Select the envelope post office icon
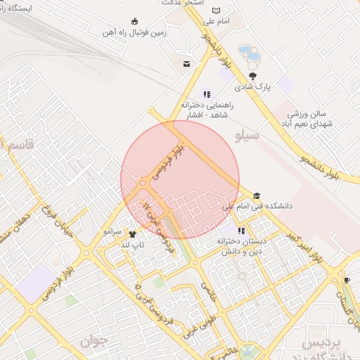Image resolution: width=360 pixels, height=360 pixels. (186, 64)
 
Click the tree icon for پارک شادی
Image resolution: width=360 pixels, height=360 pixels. (252, 76)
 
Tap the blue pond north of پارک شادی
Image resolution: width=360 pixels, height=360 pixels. (248, 53)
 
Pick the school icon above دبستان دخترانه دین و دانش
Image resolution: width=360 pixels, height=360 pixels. (242, 231)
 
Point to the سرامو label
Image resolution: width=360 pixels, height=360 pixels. (112, 231)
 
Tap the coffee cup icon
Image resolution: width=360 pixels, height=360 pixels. (347, 281)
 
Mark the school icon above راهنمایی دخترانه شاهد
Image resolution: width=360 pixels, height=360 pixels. (206, 94)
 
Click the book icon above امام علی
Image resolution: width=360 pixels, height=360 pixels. (215, 11)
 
